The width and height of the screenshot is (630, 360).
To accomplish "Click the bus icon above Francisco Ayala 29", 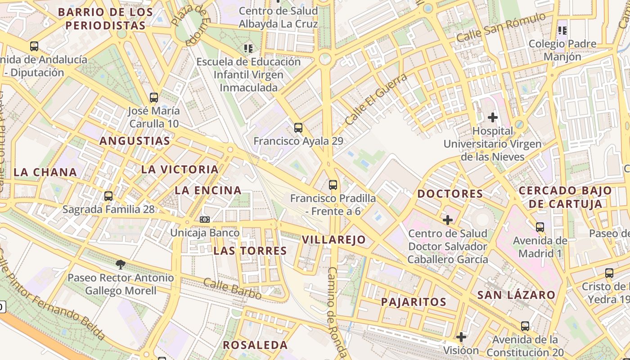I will pos(298,127).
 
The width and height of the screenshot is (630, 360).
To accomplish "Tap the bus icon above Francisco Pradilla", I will pos(333,184).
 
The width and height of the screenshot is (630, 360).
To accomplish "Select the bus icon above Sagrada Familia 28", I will pos(108,196).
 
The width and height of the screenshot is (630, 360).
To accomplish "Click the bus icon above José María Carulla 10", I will pos(154,97).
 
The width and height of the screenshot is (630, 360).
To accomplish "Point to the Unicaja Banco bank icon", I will pos(205,220).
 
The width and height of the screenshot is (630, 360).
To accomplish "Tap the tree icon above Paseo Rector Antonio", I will pos(120,264).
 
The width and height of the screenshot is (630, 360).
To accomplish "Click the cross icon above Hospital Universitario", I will pos(493,117).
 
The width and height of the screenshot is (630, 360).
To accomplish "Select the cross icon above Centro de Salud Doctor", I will pos(448,220).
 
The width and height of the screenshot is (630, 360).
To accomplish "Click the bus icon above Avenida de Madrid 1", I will pos(540,227).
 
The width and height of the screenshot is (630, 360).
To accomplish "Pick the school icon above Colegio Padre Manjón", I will pos(562,31).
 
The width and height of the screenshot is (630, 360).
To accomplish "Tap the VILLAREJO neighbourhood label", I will pos(334,240).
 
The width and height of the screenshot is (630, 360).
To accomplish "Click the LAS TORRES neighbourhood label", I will pos(250,251).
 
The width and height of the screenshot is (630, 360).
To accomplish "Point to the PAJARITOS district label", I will pos(414,302).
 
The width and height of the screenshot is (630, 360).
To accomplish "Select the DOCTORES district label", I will pos(450,194).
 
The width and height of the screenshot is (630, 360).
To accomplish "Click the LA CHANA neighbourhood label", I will pos(45,172).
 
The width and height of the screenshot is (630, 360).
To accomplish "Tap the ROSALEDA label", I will pos(255,345).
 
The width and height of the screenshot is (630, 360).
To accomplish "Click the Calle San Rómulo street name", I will pos(501,28).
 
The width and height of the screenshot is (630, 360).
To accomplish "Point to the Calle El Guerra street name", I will pos(376,99).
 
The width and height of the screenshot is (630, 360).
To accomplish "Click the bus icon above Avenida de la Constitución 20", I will pos(525,326).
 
